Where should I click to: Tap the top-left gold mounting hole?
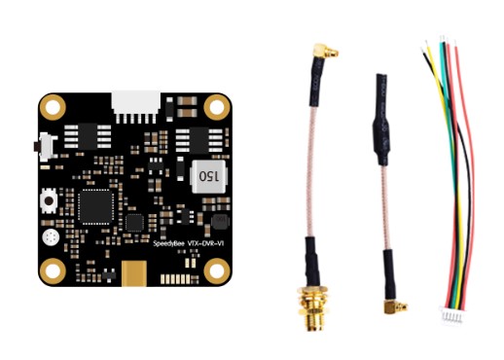click(53, 107)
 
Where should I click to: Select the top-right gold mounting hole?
click(217, 107)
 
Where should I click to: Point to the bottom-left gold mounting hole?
click(53, 271)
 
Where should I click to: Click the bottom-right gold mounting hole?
click(217, 271)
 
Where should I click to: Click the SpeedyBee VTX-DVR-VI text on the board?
click(189, 243)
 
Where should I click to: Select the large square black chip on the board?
click(95, 207)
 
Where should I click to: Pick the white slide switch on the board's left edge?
click(46, 147)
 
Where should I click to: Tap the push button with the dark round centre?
click(49, 200)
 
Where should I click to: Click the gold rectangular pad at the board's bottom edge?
click(134, 274)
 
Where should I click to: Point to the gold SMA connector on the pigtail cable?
click(313, 307)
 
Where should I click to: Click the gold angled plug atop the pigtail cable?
click(325, 52)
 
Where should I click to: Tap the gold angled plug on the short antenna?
click(395, 306)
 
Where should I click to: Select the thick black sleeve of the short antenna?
click(381, 120)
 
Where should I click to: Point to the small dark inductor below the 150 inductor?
click(220, 222)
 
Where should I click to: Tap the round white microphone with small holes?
click(51, 237)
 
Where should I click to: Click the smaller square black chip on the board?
click(134, 223)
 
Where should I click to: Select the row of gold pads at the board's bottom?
click(175, 279)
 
